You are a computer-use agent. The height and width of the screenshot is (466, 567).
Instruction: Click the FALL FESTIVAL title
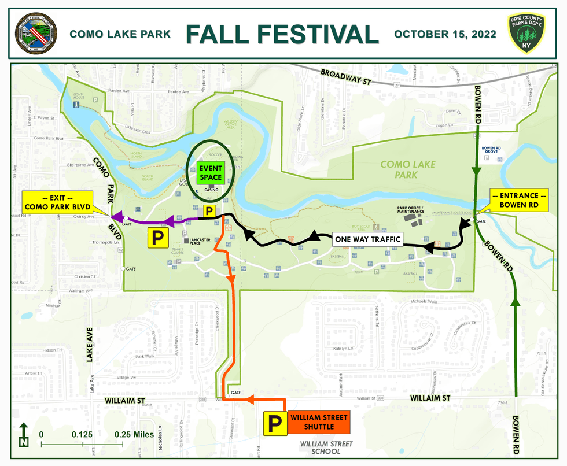(282, 34)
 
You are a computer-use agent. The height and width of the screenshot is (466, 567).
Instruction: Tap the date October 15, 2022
(445, 34)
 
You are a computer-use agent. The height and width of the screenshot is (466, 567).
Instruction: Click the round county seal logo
(35, 34)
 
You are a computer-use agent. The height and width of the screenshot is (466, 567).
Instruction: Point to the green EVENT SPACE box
(211, 172)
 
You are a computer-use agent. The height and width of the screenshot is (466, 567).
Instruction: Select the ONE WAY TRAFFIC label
(367, 239)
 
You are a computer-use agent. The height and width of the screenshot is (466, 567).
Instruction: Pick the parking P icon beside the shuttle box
(275, 423)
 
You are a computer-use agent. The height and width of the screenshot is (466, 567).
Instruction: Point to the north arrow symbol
(23, 435)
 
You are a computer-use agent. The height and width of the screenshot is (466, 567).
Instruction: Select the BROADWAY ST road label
(345, 77)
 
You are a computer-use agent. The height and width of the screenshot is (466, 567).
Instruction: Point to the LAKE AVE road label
(90, 346)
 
